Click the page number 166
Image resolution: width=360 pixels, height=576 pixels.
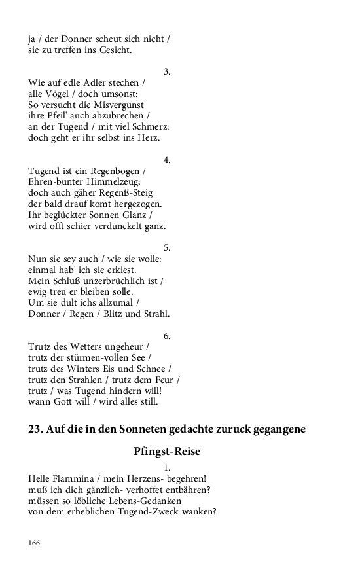coord(34,543)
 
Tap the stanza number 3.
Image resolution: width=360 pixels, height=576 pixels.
coord(167,71)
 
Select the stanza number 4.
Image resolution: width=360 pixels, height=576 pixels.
coord(167,160)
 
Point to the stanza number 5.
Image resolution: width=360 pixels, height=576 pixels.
coord(167,247)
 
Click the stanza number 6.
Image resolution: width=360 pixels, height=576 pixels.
coord(167,336)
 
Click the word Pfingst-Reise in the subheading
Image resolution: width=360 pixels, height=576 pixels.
coord(167,452)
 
